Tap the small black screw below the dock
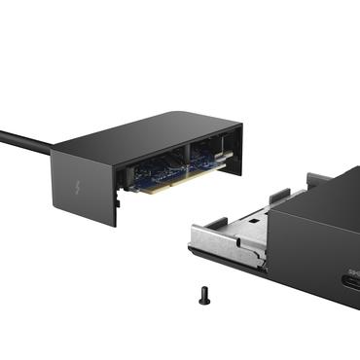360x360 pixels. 204,295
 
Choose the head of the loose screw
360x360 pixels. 204,290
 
